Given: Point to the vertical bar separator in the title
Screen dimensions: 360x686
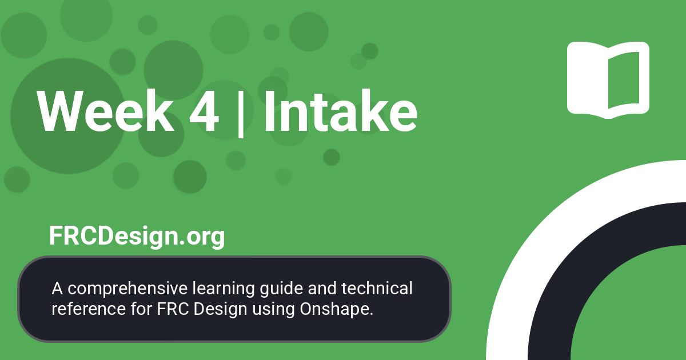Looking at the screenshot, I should point(241,113).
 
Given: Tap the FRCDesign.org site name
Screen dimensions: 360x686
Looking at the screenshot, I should point(137,235).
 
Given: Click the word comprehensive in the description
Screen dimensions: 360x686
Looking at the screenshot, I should point(121,289).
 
